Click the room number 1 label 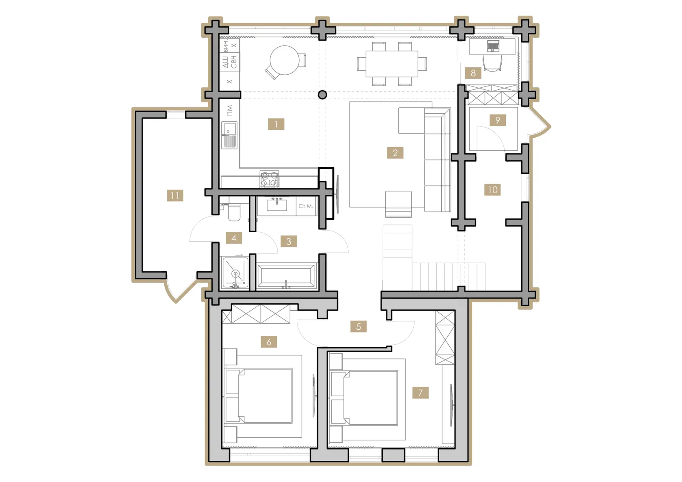coord(276,124)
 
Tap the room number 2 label coord(395,153)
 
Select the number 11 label coord(175,195)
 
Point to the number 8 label coord(473,73)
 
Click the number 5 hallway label coord(358,326)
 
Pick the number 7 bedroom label coord(421,393)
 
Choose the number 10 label coord(493,190)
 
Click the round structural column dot coord(322,95)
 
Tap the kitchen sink coord(229,135)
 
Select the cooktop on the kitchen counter coord(270,179)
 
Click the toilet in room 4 coord(234,212)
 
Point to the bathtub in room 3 coord(286,276)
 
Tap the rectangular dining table coord(392,64)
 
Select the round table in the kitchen coord(284,60)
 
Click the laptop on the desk coord(493,46)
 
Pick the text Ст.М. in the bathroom coord(306,206)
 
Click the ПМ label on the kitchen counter coord(230,110)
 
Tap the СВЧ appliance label coord(233,62)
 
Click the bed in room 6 coord(258,396)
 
